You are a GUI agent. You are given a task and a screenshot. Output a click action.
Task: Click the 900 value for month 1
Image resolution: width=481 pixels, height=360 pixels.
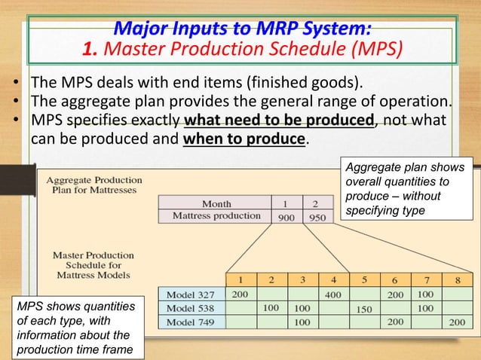pyautogui.click(x=286, y=216)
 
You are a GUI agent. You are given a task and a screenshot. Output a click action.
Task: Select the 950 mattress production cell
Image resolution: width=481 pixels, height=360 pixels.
pyautogui.click(x=317, y=216)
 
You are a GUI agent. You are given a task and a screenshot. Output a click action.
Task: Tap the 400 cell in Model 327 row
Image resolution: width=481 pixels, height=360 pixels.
pyautogui.click(x=332, y=295)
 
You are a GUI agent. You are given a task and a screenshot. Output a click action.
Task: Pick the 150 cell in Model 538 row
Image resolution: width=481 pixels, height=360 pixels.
pyautogui.click(x=364, y=309)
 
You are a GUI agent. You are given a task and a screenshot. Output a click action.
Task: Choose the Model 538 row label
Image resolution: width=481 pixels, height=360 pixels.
pyautogui.click(x=193, y=309)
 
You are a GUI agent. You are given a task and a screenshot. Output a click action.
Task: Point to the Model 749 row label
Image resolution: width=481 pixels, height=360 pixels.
pyautogui.click(x=193, y=322)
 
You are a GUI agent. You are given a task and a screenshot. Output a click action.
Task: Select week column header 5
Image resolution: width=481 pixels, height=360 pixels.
pyautogui.click(x=364, y=279)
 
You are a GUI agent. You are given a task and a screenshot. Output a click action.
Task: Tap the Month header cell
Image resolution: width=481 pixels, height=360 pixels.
pyautogui.click(x=216, y=203)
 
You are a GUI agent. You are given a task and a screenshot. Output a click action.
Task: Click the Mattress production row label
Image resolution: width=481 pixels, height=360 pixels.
pyautogui.click(x=216, y=216)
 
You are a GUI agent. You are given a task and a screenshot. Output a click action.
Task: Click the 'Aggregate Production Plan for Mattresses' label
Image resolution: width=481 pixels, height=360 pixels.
pyautogui.click(x=94, y=185)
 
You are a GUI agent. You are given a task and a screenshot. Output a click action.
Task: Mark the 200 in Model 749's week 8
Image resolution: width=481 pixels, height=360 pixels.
pyautogui.click(x=458, y=322)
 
